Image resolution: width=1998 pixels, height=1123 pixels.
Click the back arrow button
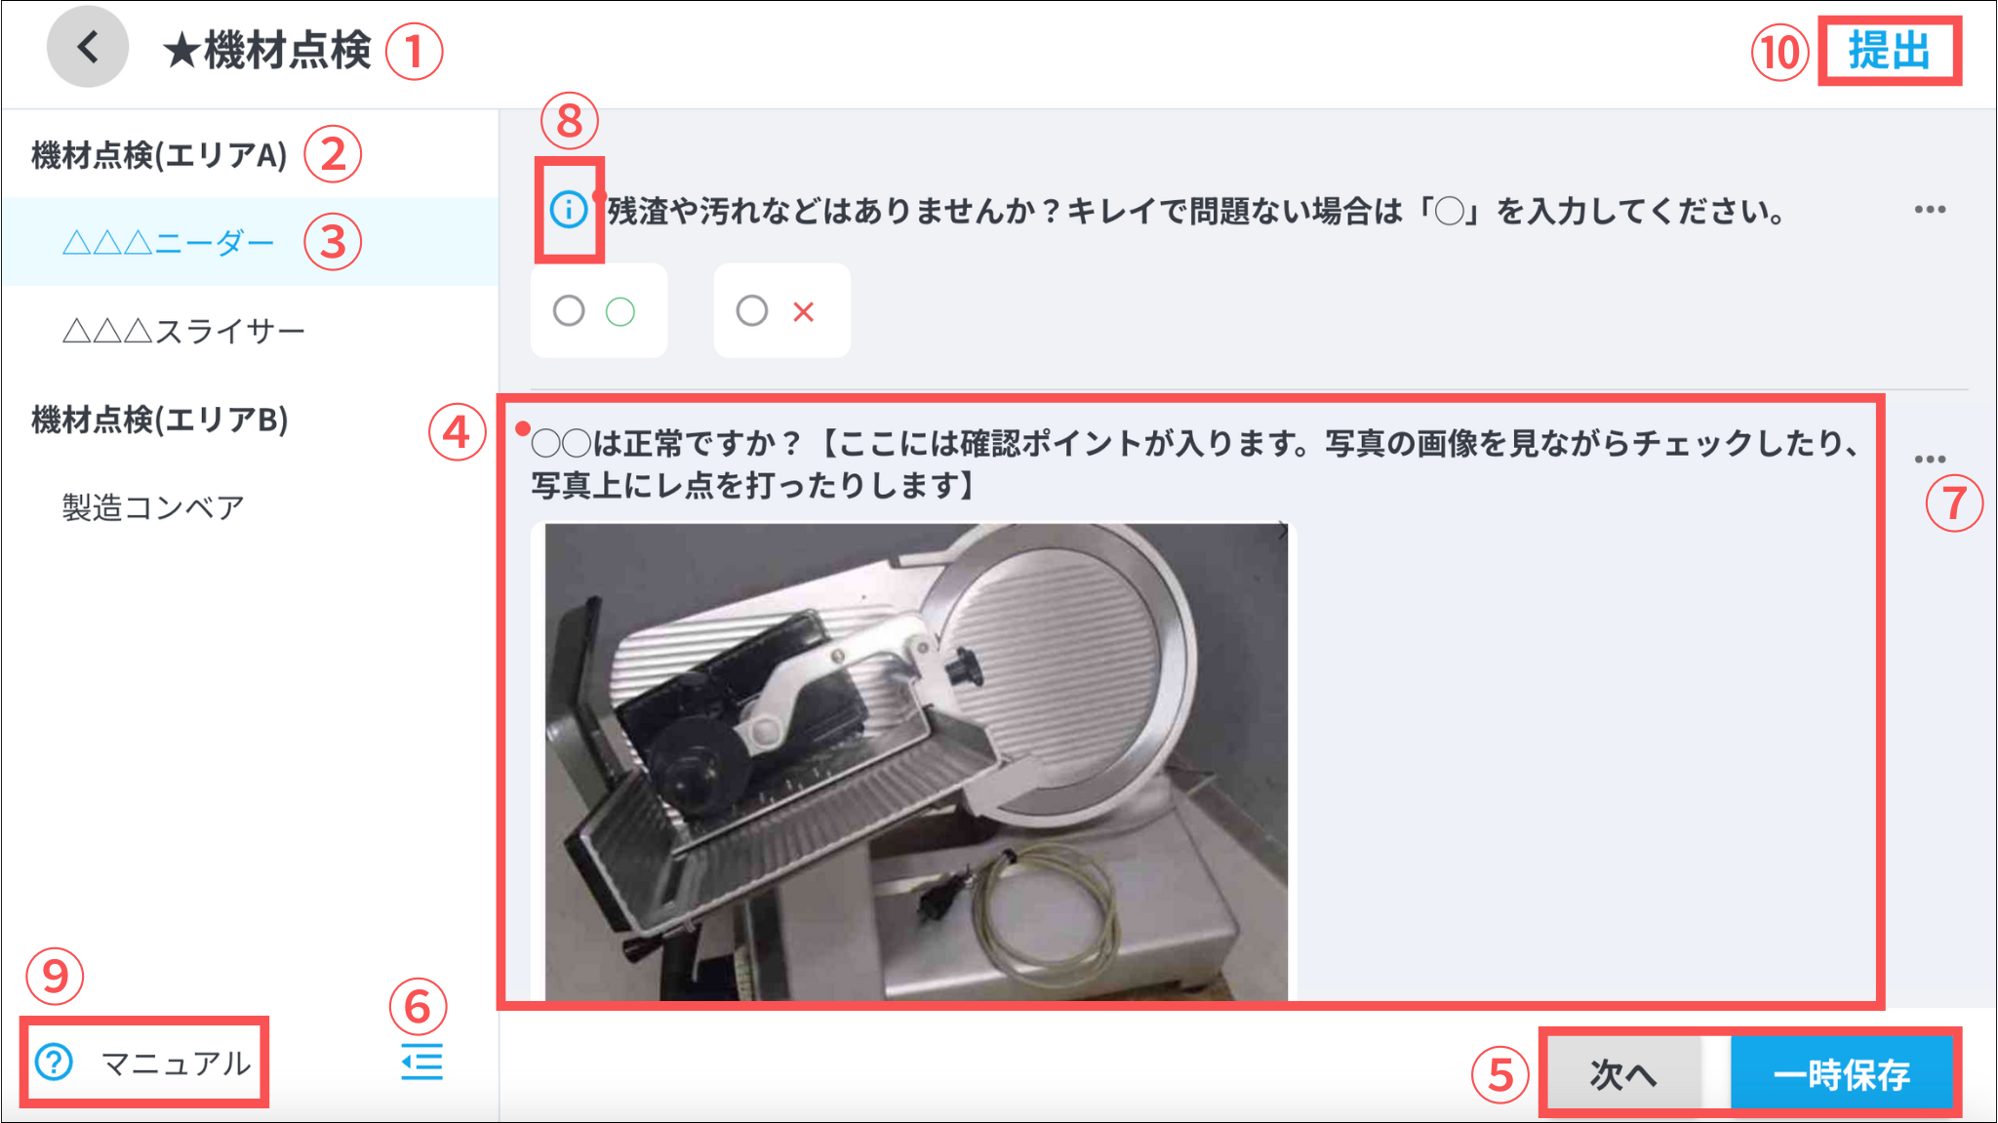coord(88,47)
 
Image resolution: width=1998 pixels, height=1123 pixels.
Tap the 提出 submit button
coord(1890,51)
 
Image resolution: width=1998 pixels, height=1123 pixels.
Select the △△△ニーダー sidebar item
coord(168,242)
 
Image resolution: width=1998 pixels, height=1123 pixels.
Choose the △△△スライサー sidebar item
coord(183,331)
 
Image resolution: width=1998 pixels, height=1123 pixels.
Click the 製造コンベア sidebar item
coord(153,507)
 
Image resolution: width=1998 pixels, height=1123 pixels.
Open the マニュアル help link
coord(143,1062)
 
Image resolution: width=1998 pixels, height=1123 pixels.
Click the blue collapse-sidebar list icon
coord(421,1062)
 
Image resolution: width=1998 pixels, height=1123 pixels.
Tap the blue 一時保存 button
coord(1841,1074)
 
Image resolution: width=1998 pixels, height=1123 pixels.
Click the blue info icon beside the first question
coord(569,209)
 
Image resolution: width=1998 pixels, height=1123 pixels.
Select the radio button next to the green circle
coord(569,311)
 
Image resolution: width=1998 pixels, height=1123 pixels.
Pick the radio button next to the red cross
coord(751,311)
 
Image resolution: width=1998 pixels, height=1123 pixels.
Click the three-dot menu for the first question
coord(1930,210)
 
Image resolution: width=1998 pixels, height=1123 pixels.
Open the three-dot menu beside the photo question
coord(1930,459)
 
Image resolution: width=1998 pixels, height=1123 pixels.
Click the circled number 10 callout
coord(1780,52)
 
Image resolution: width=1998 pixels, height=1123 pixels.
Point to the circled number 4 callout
coord(457,432)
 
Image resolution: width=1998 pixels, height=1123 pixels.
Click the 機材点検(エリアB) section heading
coord(160,420)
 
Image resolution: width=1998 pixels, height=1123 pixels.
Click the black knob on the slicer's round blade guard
coord(963,667)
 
